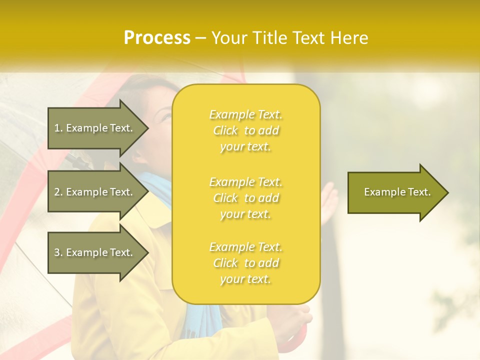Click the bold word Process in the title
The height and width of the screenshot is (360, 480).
[157, 38]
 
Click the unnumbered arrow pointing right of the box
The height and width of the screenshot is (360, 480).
[395, 192]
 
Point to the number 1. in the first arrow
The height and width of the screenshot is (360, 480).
[58, 128]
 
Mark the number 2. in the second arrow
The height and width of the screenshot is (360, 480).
[58, 192]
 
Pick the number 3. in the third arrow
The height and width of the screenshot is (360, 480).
[58, 252]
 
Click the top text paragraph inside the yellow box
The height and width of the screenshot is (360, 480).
[245, 130]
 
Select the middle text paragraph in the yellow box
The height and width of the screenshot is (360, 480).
[245, 198]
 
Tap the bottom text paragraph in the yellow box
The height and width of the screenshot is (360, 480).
[245, 263]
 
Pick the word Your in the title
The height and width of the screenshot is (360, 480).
[229, 38]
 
